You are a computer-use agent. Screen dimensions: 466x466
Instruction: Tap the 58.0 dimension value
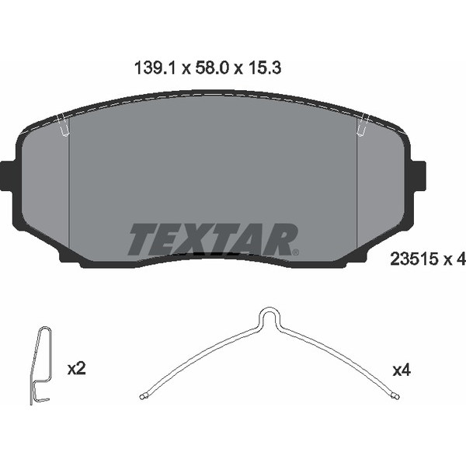tap(209, 68)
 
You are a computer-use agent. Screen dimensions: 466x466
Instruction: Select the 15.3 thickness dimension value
tap(264, 68)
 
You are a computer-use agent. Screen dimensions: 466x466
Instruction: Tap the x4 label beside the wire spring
tap(401, 370)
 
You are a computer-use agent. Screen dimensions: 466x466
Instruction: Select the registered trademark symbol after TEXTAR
tap(295, 251)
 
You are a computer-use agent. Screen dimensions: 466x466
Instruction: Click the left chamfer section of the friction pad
tap(45, 190)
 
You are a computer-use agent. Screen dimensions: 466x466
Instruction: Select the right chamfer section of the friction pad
tap(381, 190)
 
